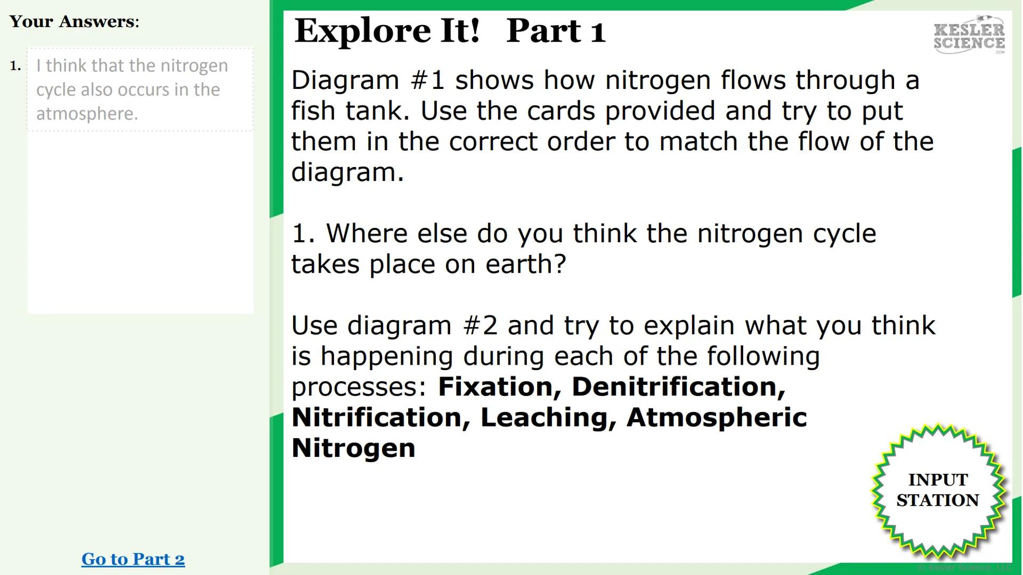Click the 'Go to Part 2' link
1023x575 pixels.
tap(133, 559)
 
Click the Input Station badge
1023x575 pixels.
tap(938, 490)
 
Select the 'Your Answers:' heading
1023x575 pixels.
tap(74, 22)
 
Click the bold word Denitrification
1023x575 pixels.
tap(678, 387)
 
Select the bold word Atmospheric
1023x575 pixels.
tap(717, 417)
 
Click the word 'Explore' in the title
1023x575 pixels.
tap(363, 30)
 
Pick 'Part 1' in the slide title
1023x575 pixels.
tap(556, 30)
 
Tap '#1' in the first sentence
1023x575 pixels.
tap(428, 80)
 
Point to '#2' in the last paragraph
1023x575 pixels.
tap(481, 326)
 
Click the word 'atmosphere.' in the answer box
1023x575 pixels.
tap(87, 113)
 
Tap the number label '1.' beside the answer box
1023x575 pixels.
tap(15, 66)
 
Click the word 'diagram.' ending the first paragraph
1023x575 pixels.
tap(347, 172)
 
